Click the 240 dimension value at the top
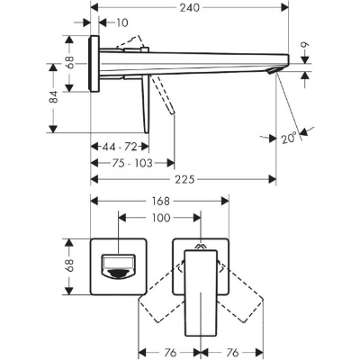pyautogui.click(x=189, y=7)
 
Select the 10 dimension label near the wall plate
pyautogui.click(x=121, y=22)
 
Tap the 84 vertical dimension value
pyautogui.click(x=54, y=96)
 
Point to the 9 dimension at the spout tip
pyautogui.click(x=305, y=46)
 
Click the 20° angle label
pyautogui.click(x=289, y=138)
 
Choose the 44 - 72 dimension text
pyautogui.click(x=120, y=147)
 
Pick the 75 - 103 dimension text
pyautogui.click(x=132, y=163)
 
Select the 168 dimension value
pyautogui.click(x=160, y=201)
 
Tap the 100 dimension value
pyautogui.click(x=160, y=218)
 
